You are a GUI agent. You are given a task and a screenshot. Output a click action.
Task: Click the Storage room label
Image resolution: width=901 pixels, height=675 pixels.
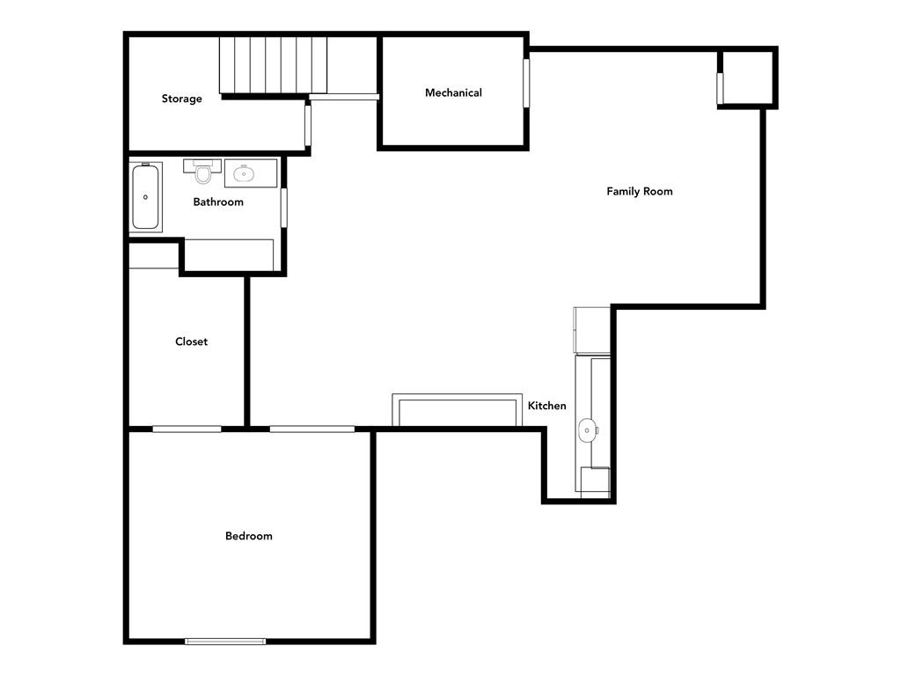tap(181, 99)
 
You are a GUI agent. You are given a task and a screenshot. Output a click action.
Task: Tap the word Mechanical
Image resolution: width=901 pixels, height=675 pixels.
tap(453, 92)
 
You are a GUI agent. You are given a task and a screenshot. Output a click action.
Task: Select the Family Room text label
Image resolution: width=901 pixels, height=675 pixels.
tap(640, 192)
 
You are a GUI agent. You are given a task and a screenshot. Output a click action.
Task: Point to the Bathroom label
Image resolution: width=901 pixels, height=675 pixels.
tap(218, 202)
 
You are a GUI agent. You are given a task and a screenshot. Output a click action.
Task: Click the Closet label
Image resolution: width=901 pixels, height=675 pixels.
tap(191, 341)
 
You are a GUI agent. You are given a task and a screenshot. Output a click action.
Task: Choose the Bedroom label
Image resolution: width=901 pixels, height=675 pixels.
tap(249, 536)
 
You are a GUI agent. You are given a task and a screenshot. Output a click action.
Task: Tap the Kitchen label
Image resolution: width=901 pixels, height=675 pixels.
tap(547, 406)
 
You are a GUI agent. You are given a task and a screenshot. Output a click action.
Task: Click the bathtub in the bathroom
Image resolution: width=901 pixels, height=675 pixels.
tap(145, 197)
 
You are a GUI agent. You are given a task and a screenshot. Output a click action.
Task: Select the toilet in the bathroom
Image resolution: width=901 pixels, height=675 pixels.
tap(203, 171)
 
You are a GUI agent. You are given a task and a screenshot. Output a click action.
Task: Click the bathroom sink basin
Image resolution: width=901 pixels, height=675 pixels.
tap(244, 173)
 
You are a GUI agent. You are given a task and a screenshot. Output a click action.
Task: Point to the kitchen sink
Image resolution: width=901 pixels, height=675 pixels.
tap(587, 430)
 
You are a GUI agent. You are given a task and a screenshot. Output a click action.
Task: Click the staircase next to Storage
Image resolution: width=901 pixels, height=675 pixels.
tap(273, 65)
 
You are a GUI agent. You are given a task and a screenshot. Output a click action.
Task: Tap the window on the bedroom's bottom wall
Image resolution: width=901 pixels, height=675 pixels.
tap(225, 641)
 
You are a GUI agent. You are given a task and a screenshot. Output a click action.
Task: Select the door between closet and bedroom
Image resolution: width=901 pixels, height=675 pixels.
tap(187, 429)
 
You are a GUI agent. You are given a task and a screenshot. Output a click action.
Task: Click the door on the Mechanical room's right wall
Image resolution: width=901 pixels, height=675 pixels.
tap(526, 83)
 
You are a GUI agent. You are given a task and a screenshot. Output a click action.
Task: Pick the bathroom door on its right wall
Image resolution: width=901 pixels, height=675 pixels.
tap(283, 208)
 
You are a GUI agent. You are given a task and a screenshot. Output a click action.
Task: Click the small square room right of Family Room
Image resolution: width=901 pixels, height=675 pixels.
tap(747, 77)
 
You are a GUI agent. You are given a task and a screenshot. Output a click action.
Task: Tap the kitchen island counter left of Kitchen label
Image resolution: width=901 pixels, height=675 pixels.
tap(458, 410)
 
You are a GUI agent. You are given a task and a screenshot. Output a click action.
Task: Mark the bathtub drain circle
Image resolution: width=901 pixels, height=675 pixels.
tap(145, 197)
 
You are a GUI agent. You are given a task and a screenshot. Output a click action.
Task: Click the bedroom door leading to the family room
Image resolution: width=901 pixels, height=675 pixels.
tap(312, 429)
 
